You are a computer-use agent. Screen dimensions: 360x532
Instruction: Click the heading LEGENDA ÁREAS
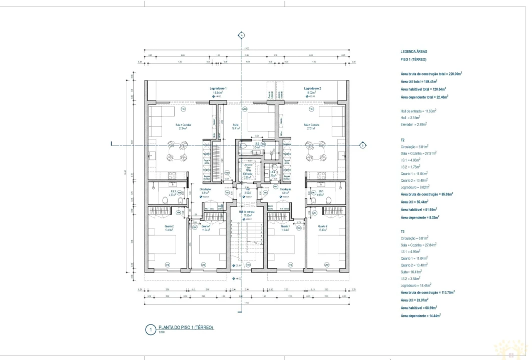413,51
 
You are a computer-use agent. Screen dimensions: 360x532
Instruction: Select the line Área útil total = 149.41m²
418,81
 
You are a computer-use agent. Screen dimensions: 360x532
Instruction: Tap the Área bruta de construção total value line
431,73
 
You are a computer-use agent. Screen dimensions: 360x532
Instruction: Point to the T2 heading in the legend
403,140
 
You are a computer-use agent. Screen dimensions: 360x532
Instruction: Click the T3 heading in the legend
403,231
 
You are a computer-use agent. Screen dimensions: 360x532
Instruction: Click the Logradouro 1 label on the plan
218,88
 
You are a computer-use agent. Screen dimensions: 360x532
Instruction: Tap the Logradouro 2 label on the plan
312,88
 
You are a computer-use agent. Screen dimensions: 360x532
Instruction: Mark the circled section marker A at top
241,35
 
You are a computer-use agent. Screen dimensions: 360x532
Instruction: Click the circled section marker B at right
362,145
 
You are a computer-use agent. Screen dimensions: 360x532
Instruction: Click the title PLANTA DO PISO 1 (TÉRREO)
186,327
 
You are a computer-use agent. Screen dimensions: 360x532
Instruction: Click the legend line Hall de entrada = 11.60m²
418,110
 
